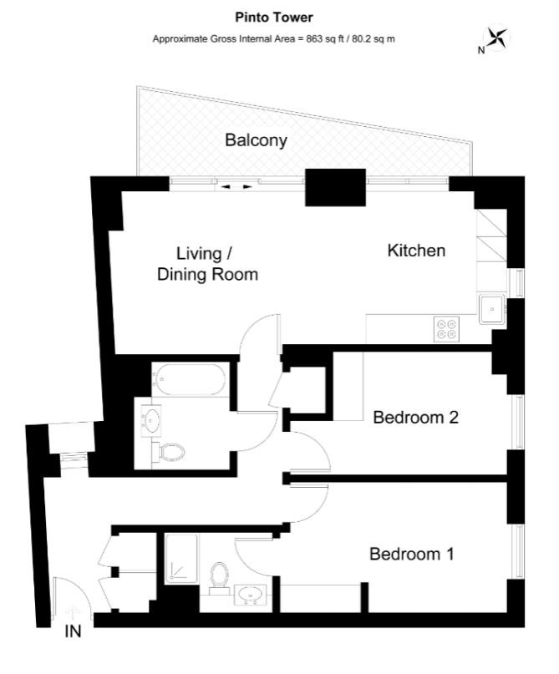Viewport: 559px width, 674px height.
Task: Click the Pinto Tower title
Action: pos(274,18)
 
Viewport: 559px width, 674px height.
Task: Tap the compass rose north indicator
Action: pos(495,38)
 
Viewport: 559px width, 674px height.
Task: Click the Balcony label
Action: pos(257,140)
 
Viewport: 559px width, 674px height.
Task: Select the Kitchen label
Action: pos(416,251)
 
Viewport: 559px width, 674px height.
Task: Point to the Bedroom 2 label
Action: pos(416,418)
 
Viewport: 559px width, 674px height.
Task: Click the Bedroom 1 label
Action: pos(411,554)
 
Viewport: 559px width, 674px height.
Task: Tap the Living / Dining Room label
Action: pos(208,264)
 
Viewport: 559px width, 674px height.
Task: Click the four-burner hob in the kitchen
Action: pos(446,329)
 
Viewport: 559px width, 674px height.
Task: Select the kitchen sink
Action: pos(492,309)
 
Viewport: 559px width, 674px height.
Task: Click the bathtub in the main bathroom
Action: pos(190,379)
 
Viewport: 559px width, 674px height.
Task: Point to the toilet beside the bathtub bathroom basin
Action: pos(169,453)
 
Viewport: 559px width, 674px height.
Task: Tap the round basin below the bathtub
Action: pos(151,418)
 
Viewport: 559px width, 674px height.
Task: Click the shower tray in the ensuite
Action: pos(182,559)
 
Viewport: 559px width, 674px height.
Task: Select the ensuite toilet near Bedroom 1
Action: pos(219,577)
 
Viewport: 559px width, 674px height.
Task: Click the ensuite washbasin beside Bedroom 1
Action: pos(251,595)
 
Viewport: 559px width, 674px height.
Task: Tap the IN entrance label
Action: pos(73,631)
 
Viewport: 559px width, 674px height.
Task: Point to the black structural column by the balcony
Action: pos(335,187)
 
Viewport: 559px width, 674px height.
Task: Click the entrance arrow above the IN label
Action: pos(73,612)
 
